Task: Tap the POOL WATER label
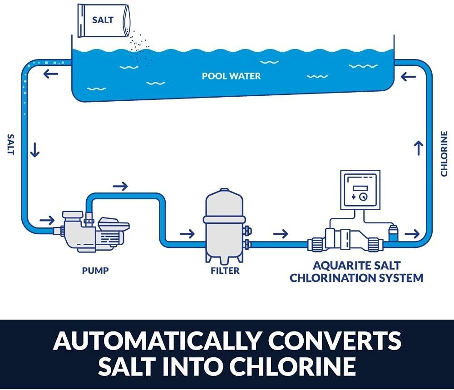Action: coord(232,76)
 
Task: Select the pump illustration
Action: coord(95,229)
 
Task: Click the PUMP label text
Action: coord(95,271)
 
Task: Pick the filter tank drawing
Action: coord(225,225)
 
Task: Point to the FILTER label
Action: coord(225,271)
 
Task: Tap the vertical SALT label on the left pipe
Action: coord(10,144)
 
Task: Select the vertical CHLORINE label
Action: coord(444,153)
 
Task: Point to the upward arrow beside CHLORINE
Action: coord(419,148)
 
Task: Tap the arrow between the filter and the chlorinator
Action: coord(281,234)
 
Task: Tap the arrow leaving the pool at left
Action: coord(50,74)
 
